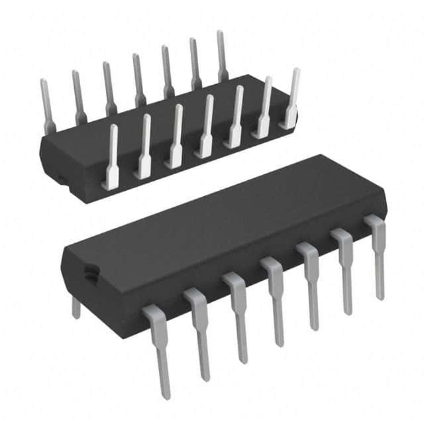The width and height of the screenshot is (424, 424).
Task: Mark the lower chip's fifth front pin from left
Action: pos(309,284)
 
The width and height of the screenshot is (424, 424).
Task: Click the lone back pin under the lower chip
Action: pos(76,307)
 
